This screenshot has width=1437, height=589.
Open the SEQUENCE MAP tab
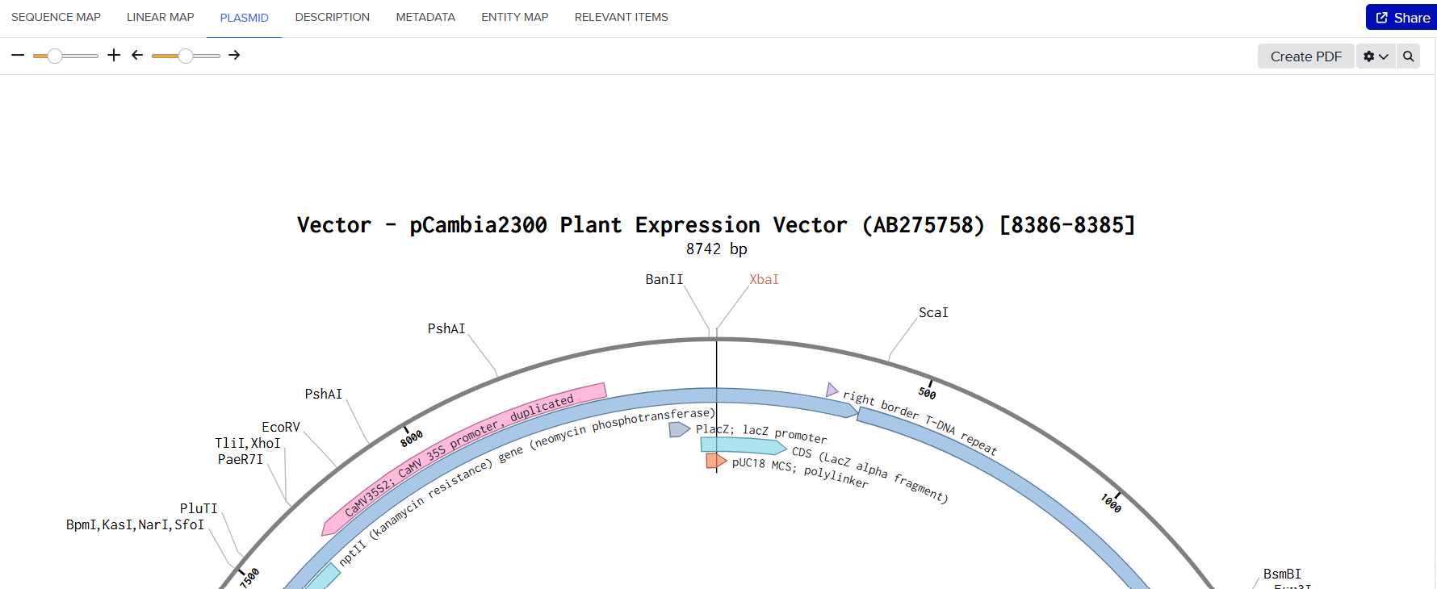pyautogui.click(x=56, y=17)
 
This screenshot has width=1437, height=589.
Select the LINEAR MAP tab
pyautogui.click(x=160, y=17)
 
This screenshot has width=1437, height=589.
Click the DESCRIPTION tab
pyautogui.click(x=332, y=17)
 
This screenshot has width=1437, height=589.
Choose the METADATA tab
pyautogui.click(x=425, y=17)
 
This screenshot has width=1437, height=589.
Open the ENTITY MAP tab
pyautogui.click(x=514, y=17)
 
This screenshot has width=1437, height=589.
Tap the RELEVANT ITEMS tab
pyautogui.click(x=621, y=17)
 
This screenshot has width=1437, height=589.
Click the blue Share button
pyautogui.click(x=1402, y=18)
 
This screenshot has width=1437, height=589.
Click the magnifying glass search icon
pyautogui.click(x=1408, y=56)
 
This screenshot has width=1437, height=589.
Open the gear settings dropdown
pyautogui.click(x=1376, y=56)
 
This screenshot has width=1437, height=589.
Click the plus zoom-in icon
pyautogui.click(x=114, y=55)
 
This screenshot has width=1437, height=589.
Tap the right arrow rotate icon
pyautogui.click(x=234, y=55)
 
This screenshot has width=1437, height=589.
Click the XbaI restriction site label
pyautogui.click(x=764, y=279)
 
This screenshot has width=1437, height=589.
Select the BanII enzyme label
pyautogui.click(x=664, y=279)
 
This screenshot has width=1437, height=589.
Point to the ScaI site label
pyautogui.click(x=933, y=312)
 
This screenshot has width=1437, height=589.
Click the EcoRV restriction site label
pyautogui.click(x=281, y=427)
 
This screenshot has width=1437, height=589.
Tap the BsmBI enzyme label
pyautogui.click(x=1282, y=574)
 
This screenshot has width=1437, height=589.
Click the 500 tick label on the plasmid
pyautogui.click(x=927, y=393)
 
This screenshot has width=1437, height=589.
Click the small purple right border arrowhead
pyautogui.click(x=832, y=391)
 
